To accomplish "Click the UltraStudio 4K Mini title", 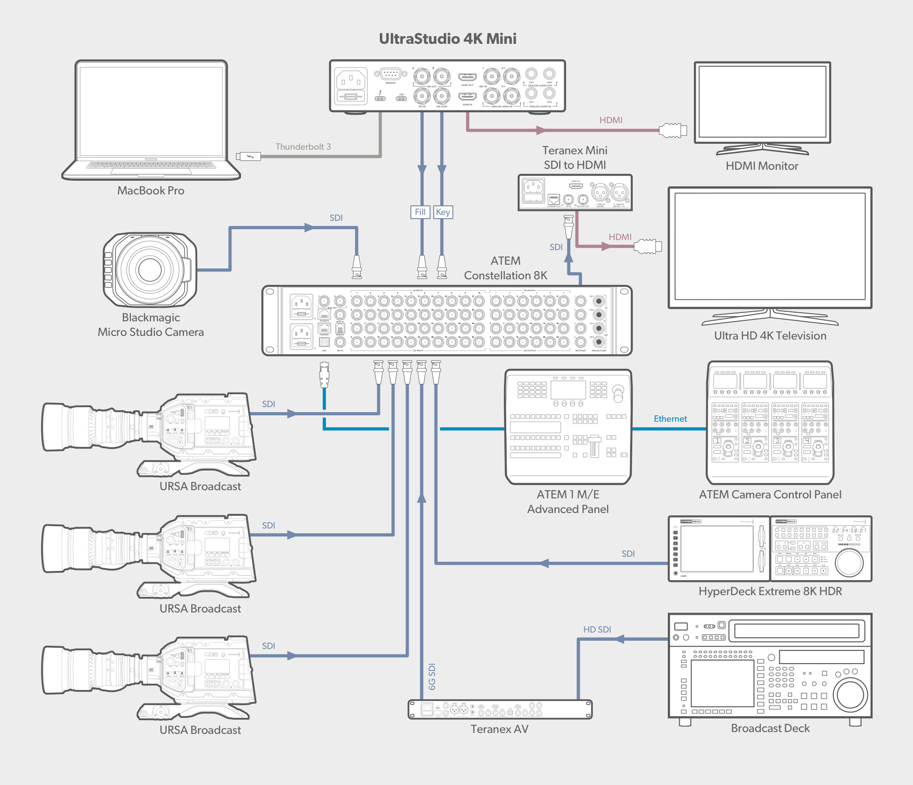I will tap(447, 39).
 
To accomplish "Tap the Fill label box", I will tap(420, 212).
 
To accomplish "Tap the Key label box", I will tap(443, 212).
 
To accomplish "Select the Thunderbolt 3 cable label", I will tap(303, 147).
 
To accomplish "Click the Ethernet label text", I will tap(670, 419).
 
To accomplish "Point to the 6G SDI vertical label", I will tap(432, 676).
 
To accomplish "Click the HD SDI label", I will tap(597, 629).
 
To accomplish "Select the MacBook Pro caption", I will tap(151, 190).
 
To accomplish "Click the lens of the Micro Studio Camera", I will tap(150, 269).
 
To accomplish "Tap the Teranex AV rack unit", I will tap(500, 709).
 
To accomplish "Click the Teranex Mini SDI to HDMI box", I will tap(575, 192).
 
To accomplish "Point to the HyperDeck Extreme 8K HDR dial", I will tap(849, 562).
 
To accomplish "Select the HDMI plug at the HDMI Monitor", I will tap(672, 130).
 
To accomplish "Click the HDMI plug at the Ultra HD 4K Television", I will tap(648, 246).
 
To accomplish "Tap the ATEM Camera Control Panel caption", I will tap(770, 494).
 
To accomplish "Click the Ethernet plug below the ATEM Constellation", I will tap(324, 374).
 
